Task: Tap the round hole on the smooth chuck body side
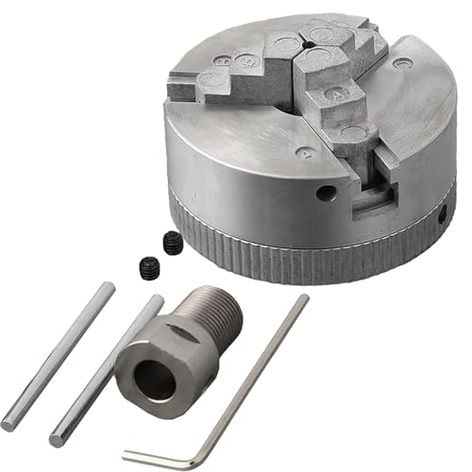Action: [x=326, y=193]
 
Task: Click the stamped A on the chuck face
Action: [x=303, y=152]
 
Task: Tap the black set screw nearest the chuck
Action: [x=173, y=243]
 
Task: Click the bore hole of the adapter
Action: [x=151, y=379]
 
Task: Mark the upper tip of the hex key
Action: [x=304, y=299]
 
